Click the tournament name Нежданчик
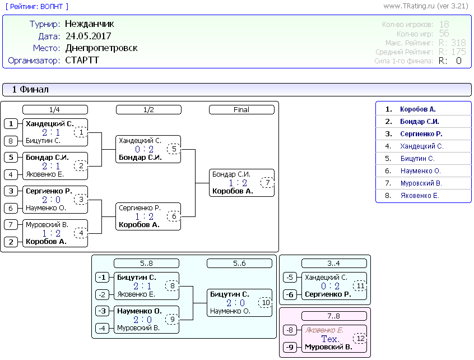(x=90, y=24)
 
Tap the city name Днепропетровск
(x=101, y=48)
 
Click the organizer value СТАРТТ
(x=82, y=60)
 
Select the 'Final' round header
(x=241, y=110)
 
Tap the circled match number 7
(x=267, y=183)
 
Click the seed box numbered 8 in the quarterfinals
(x=11, y=141)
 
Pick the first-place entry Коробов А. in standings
(x=417, y=109)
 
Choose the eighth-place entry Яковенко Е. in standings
(x=420, y=196)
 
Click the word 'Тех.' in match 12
(x=330, y=339)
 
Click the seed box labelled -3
(x=102, y=311)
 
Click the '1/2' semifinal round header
(x=148, y=110)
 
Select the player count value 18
(x=444, y=24)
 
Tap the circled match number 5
(x=174, y=149)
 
